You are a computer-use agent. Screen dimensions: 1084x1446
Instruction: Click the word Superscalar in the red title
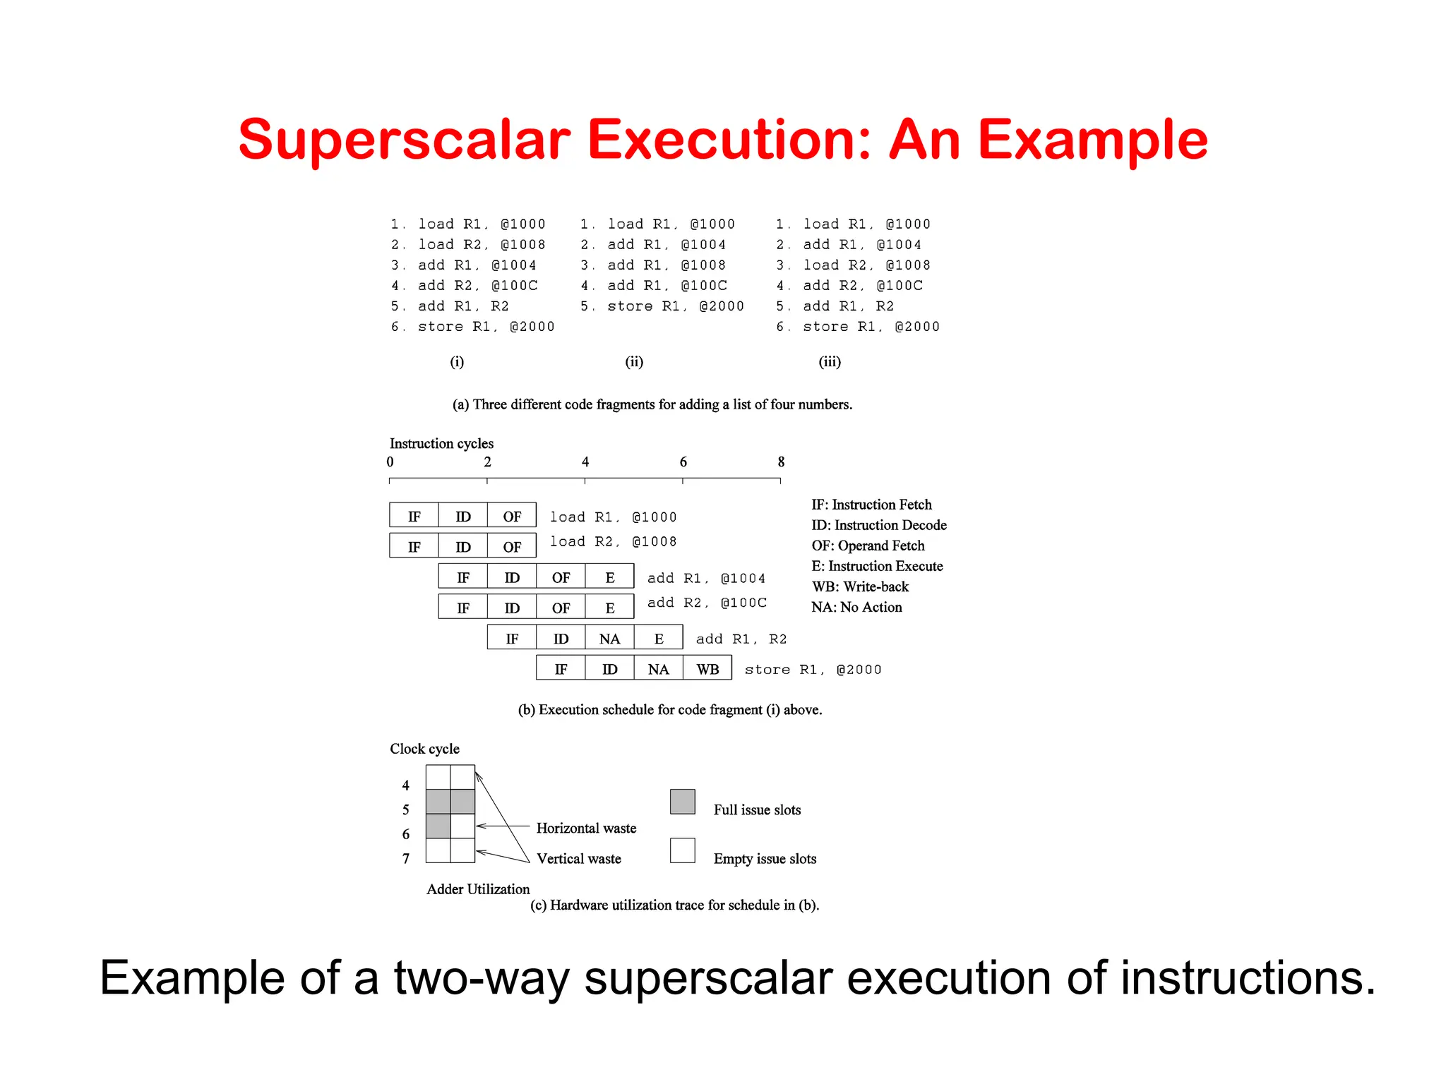pyautogui.click(x=404, y=140)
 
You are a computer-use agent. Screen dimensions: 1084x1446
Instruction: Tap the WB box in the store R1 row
pyautogui.click(x=707, y=669)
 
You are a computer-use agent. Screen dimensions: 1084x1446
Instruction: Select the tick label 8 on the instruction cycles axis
pyautogui.click(x=781, y=462)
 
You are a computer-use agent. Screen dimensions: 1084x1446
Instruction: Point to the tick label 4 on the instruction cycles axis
pyautogui.click(x=585, y=462)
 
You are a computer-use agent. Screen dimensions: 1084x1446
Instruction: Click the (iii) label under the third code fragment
pyautogui.click(x=830, y=362)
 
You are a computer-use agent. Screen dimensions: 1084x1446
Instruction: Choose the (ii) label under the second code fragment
pyautogui.click(x=634, y=362)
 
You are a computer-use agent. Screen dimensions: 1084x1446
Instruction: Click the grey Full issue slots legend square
pyautogui.click(x=683, y=802)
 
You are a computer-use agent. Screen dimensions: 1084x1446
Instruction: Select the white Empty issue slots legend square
pyautogui.click(x=683, y=850)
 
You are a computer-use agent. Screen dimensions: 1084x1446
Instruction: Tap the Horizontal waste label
pyautogui.click(x=586, y=829)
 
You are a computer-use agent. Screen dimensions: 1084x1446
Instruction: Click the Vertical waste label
pyautogui.click(x=579, y=859)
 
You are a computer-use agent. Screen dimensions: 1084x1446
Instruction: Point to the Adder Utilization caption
pyautogui.click(x=478, y=889)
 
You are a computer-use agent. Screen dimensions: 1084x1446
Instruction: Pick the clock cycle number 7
pyautogui.click(x=406, y=859)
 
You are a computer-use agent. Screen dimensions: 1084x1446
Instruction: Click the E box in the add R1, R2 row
pyautogui.click(x=659, y=639)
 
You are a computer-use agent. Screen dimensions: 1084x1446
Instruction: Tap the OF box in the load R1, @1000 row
pyautogui.click(x=512, y=517)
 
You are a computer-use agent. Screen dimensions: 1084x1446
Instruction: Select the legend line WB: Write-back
pyautogui.click(x=860, y=586)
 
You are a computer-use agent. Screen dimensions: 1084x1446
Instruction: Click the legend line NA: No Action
pyautogui.click(x=856, y=607)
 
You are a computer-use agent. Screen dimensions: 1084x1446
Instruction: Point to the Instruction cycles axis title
pyautogui.click(x=441, y=443)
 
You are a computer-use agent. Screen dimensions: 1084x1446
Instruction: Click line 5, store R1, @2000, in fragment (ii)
pyautogui.click(x=662, y=306)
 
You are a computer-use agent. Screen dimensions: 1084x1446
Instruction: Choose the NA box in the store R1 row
pyautogui.click(x=659, y=669)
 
